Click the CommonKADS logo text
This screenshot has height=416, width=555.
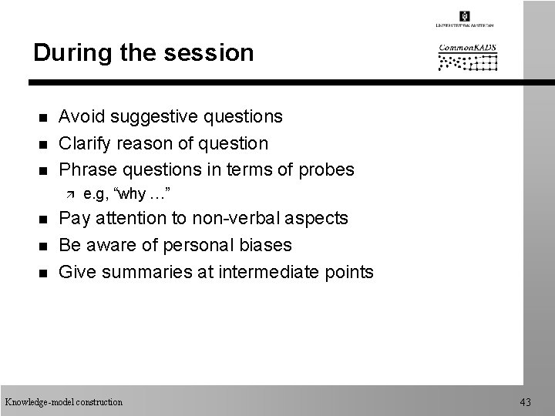[x=468, y=48]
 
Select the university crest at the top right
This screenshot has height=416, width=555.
[x=465, y=16]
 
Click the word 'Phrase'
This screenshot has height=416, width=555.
[x=87, y=169]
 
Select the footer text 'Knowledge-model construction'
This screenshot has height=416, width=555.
[x=63, y=402]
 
